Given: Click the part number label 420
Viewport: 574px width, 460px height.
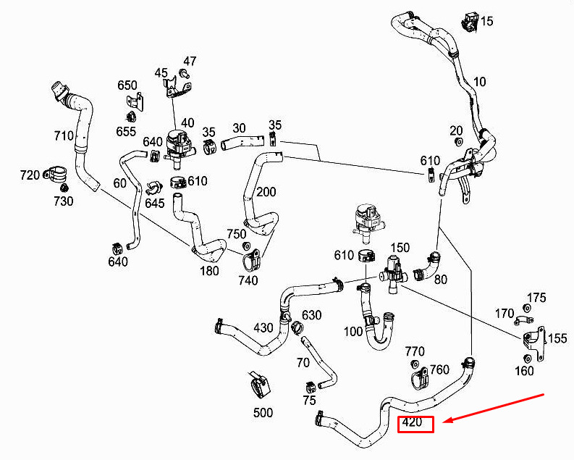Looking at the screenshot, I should (412, 423).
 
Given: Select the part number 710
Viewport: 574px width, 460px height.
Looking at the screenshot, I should (64, 135).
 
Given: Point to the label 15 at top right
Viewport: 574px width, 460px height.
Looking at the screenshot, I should (486, 21).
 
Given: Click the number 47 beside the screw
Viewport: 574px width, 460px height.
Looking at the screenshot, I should (190, 61).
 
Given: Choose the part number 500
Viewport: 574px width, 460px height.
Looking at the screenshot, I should (263, 413).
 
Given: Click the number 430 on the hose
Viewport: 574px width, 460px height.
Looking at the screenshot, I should (263, 328).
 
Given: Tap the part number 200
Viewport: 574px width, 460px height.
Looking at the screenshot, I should (266, 192).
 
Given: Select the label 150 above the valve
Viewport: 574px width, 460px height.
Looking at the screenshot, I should (400, 248).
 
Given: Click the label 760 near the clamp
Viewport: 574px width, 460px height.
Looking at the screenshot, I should (439, 370).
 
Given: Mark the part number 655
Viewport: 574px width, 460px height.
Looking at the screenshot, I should (126, 131).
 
